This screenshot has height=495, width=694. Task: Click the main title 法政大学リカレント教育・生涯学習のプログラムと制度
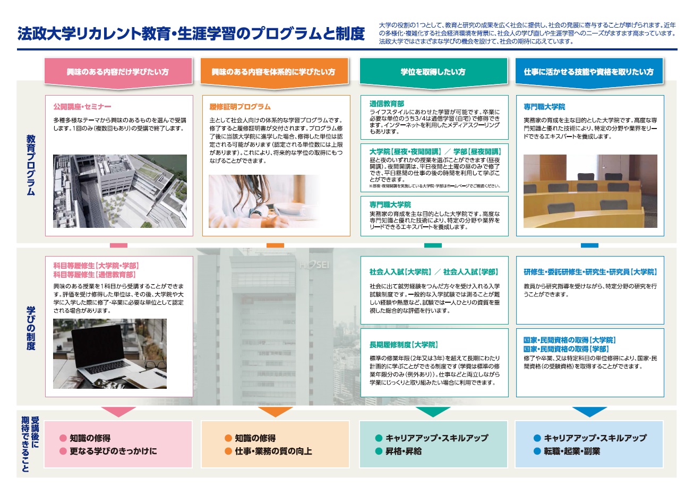click(191, 33)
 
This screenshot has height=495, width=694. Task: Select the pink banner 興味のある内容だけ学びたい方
click(118, 72)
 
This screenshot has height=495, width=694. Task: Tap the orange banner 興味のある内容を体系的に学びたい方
click(273, 72)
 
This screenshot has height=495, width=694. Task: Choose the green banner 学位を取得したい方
click(433, 72)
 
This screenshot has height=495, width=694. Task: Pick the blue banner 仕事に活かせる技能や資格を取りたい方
click(589, 72)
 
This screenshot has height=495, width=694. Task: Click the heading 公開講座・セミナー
click(82, 107)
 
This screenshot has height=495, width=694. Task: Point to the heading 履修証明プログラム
click(240, 107)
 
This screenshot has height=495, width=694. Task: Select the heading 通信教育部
click(387, 104)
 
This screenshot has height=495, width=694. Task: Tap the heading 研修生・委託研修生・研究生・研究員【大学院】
click(590, 272)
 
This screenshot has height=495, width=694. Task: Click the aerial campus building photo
click(120, 191)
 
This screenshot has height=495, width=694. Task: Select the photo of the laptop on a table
click(110, 354)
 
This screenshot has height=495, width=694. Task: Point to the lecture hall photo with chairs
click(590, 191)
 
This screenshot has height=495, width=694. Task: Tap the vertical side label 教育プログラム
click(31, 165)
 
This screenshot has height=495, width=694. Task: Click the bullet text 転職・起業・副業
click(571, 451)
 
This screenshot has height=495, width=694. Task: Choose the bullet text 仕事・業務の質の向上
click(273, 451)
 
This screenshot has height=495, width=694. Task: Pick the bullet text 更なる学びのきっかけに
click(113, 451)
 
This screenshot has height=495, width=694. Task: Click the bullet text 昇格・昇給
click(404, 451)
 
